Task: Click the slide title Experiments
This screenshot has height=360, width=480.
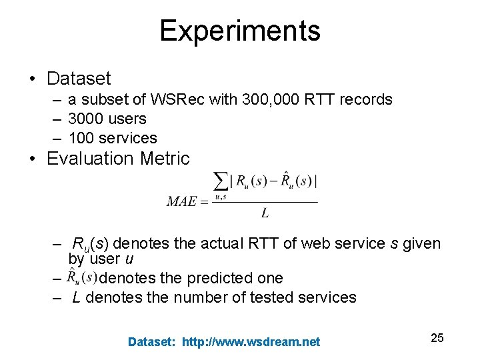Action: (239, 31)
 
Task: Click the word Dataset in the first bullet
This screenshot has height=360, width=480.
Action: (79, 79)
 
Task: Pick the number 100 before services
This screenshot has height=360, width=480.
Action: (81, 139)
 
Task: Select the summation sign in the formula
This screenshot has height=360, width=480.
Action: (219, 181)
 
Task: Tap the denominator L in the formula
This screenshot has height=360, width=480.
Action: (265, 213)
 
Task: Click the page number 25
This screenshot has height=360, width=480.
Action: (437, 338)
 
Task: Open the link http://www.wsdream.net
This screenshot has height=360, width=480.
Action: (251, 342)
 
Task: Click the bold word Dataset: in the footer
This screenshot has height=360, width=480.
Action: (152, 342)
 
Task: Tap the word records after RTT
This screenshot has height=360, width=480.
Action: (366, 100)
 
